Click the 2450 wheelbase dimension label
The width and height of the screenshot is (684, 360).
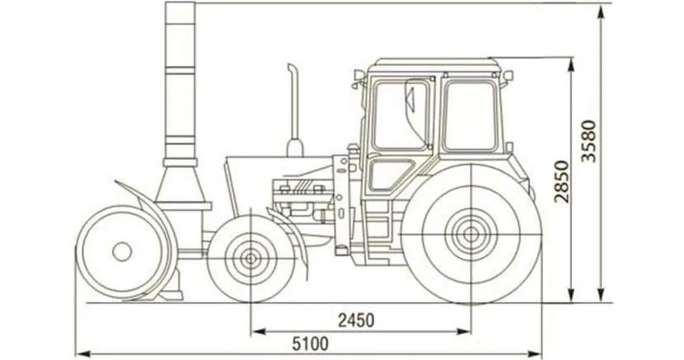[356, 320]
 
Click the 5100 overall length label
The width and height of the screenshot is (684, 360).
[310, 344]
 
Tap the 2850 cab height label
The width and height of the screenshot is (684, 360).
[562, 182]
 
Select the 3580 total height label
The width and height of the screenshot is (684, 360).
[588, 141]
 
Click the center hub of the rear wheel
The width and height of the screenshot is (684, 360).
[471, 235]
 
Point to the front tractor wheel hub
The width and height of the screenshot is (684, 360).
[251, 259]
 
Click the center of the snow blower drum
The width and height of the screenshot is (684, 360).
[122, 251]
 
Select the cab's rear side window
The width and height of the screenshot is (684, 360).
[471, 115]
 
